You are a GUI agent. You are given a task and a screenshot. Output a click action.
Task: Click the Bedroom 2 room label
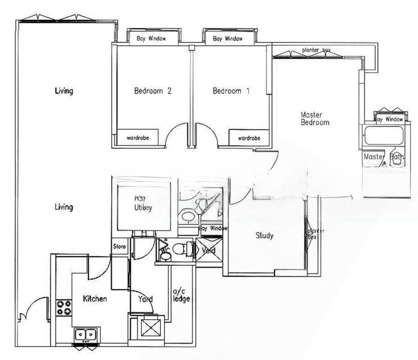point(153,91)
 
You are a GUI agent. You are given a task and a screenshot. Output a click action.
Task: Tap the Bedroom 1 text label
point(231,91)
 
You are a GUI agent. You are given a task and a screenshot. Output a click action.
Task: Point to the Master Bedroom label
point(315,118)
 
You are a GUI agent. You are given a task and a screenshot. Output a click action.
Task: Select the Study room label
point(264,236)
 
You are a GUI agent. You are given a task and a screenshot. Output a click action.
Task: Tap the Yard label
point(145,299)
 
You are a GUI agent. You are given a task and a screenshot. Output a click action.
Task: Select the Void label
point(208,250)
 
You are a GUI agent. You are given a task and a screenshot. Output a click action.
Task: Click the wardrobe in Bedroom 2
point(138,138)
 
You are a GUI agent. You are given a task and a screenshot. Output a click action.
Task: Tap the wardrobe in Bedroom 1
point(249,138)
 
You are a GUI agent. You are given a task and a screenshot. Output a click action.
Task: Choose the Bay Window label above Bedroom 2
point(151,39)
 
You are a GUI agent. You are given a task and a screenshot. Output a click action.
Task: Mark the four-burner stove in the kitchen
point(64,307)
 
